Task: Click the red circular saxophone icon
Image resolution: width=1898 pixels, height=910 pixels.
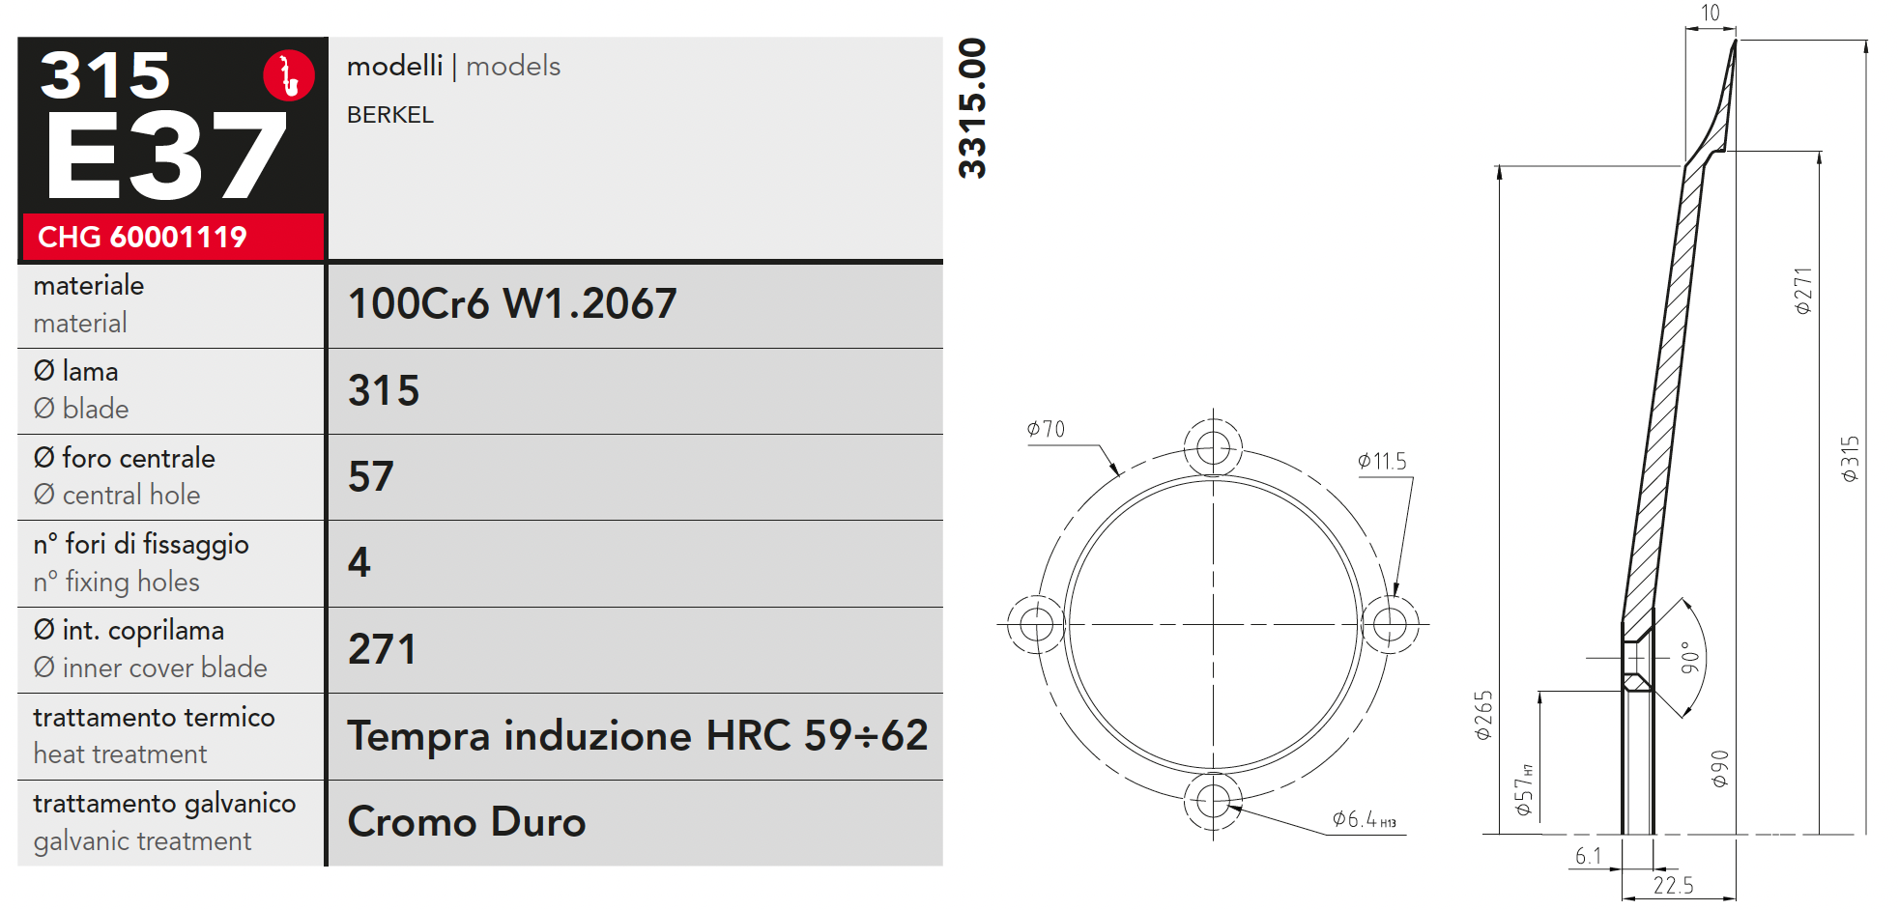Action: [289, 75]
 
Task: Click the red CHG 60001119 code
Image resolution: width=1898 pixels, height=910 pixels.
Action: [142, 237]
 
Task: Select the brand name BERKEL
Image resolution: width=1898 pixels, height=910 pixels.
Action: [390, 115]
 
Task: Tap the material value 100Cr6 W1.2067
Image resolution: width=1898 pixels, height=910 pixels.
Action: [512, 304]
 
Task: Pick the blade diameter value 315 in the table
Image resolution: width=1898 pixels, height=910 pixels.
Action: [384, 391]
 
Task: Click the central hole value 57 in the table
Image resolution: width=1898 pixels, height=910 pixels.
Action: [371, 477]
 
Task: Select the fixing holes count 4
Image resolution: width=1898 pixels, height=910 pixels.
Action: [359, 563]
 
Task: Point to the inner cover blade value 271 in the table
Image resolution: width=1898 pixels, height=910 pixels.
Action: [383, 649]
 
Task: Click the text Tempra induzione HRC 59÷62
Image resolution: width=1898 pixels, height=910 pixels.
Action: [638, 736]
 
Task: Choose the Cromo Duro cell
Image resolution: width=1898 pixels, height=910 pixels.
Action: [467, 822]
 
